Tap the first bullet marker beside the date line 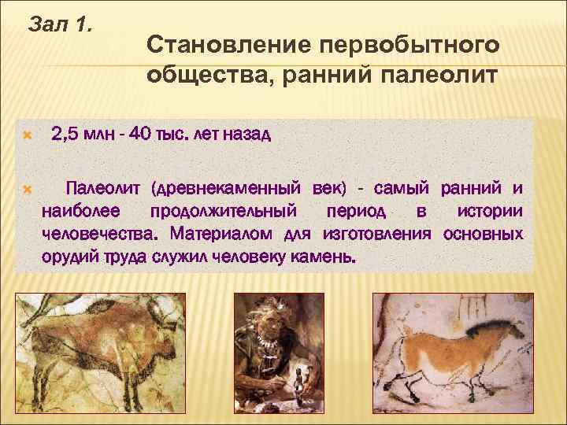click(28, 135)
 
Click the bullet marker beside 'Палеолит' click(28, 190)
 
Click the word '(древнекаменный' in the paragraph click(228, 189)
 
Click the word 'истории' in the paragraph click(489, 212)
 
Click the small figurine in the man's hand click(299, 386)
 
